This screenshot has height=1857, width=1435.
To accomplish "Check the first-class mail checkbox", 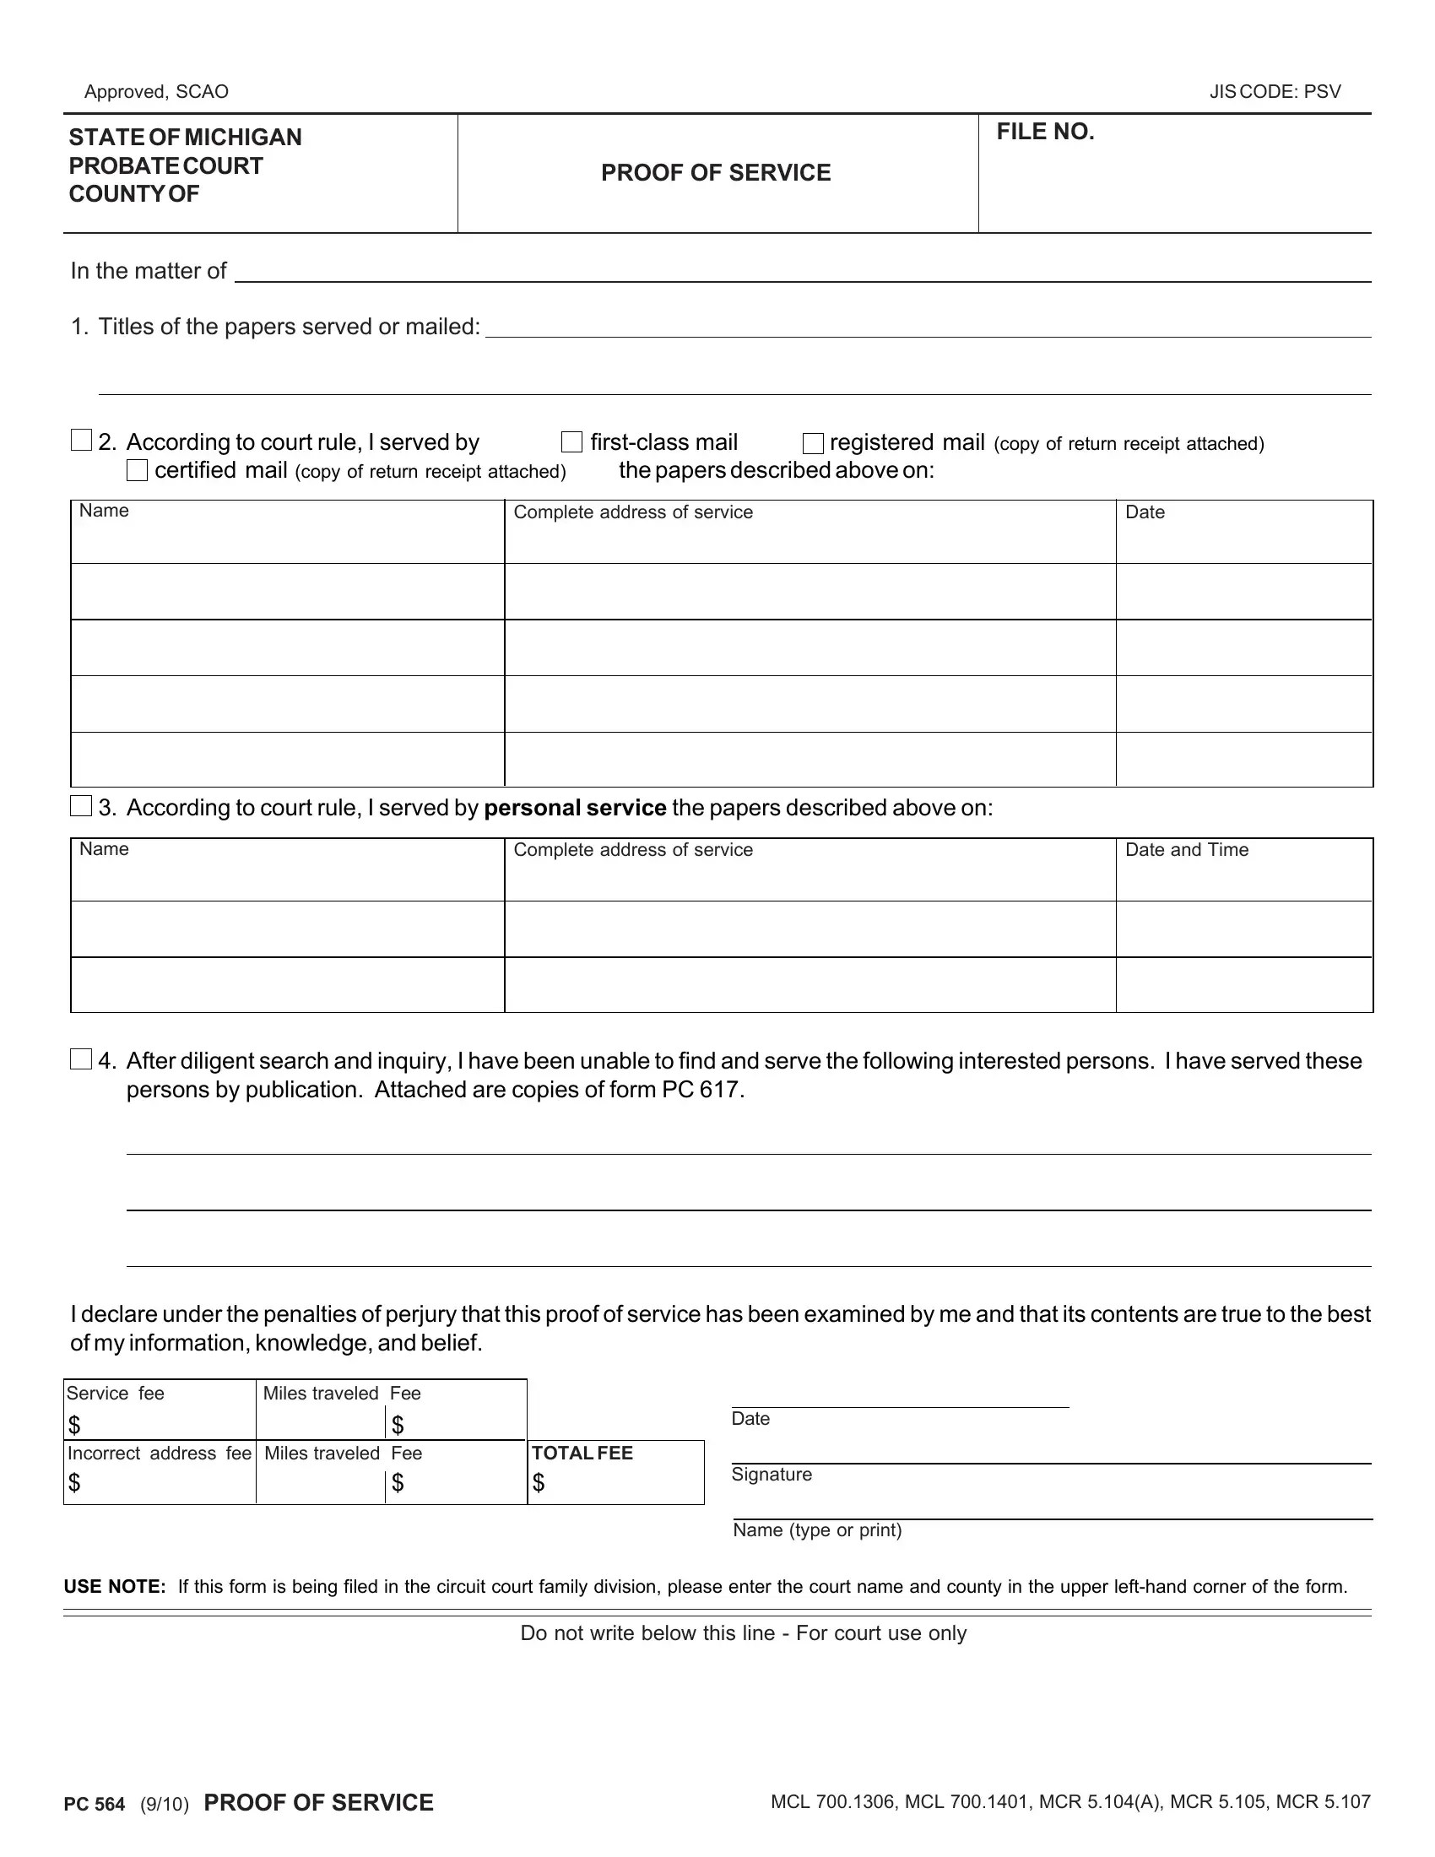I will (x=571, y=442).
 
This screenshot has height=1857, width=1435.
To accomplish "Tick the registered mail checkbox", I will (x=813, y=443).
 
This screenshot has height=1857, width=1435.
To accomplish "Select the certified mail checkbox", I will (x=137, y=470).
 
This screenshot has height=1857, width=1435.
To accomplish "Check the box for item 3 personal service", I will (x=81, y=806).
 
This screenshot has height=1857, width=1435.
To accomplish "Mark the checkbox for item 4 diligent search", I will (x=81, y=1059).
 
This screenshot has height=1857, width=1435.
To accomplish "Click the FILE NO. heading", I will (x=1045, y=132).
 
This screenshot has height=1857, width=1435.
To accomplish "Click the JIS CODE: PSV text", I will (x=1275, y=92).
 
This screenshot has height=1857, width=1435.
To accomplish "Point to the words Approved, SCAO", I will (x=156, y=92).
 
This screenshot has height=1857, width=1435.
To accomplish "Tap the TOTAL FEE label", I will (x=582, y=1454).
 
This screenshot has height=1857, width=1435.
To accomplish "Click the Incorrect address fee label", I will (x=159, y=1454).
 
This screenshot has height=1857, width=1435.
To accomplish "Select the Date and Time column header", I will (x=1186, y=849).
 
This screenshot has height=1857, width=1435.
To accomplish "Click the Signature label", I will (x=771, y=1475).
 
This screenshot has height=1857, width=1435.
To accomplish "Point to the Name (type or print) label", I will (x=816, y=1530).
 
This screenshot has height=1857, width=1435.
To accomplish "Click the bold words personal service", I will (x=575, y=807).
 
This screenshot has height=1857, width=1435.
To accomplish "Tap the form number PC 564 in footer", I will (x=95, y=1805).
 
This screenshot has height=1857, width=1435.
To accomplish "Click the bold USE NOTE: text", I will (x=115, y=1587).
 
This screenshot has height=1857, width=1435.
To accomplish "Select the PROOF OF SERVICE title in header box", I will (x=716, y=172).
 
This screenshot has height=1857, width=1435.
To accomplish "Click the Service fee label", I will (x=115, y=1394).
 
